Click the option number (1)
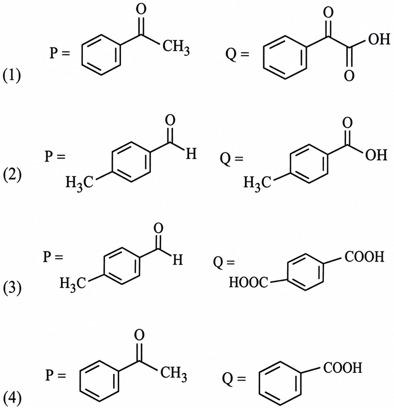(12, 77)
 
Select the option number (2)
(12, 176)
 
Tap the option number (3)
(12, 288)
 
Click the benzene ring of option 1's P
(101, 55)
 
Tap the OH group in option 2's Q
(376, 156)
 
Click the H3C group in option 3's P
(73, 283)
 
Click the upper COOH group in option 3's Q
(365, 257)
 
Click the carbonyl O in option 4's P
(139, 336)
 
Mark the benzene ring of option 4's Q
(280, 383)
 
